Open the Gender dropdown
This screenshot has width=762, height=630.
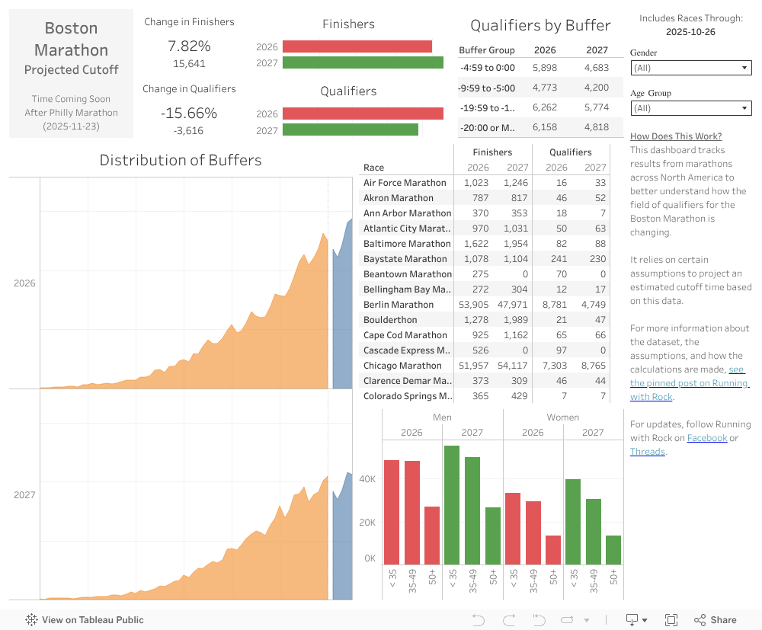click(x=691, y=68)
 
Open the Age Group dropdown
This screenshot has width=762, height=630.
click(x=691, y=108)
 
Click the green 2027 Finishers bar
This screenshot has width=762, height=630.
click(x=363, y=62)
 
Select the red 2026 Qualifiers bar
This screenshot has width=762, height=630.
click(x=363, y=114)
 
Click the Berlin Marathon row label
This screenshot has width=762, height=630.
click(x=399, y=305)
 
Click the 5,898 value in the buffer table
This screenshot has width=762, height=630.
click(x=545, y=68)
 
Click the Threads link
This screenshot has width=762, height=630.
click(x=647, y=452)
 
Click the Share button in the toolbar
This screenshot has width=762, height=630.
click(x=716, y=620)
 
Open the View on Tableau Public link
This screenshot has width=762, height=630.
click(x=85, y=620)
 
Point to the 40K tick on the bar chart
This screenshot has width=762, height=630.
click(x=368, y=479)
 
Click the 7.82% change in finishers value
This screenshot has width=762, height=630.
click(x=189, y=46)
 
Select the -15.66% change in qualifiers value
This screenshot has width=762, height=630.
click(x=189, y=114)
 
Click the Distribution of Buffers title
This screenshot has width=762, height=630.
click(x=181, y=161)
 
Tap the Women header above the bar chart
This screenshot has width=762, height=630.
click(x=562, y=417)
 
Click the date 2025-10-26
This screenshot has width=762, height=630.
click(x=690, y=32)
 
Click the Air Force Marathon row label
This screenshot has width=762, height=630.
click(x=405, y=183)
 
